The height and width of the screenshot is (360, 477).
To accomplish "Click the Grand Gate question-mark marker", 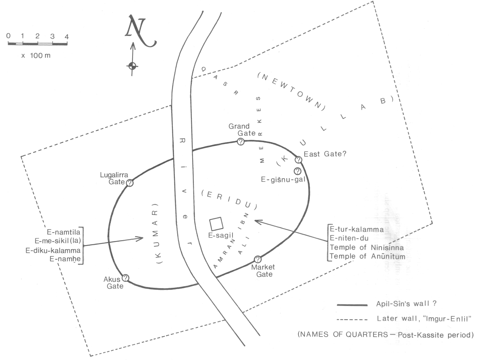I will [241, 142].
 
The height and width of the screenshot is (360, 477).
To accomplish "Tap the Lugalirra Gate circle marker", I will [130, 183].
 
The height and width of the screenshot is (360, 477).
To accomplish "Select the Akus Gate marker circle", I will [125, 277].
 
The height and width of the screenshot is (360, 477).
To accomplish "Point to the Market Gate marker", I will [258, 259].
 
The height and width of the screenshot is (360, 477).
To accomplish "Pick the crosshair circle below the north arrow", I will [132, 66].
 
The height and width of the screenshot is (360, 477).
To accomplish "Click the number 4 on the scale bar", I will [67, 36].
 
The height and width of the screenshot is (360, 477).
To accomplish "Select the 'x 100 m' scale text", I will [36, 55].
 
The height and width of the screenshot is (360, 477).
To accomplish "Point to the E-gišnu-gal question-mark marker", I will [298, 171].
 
